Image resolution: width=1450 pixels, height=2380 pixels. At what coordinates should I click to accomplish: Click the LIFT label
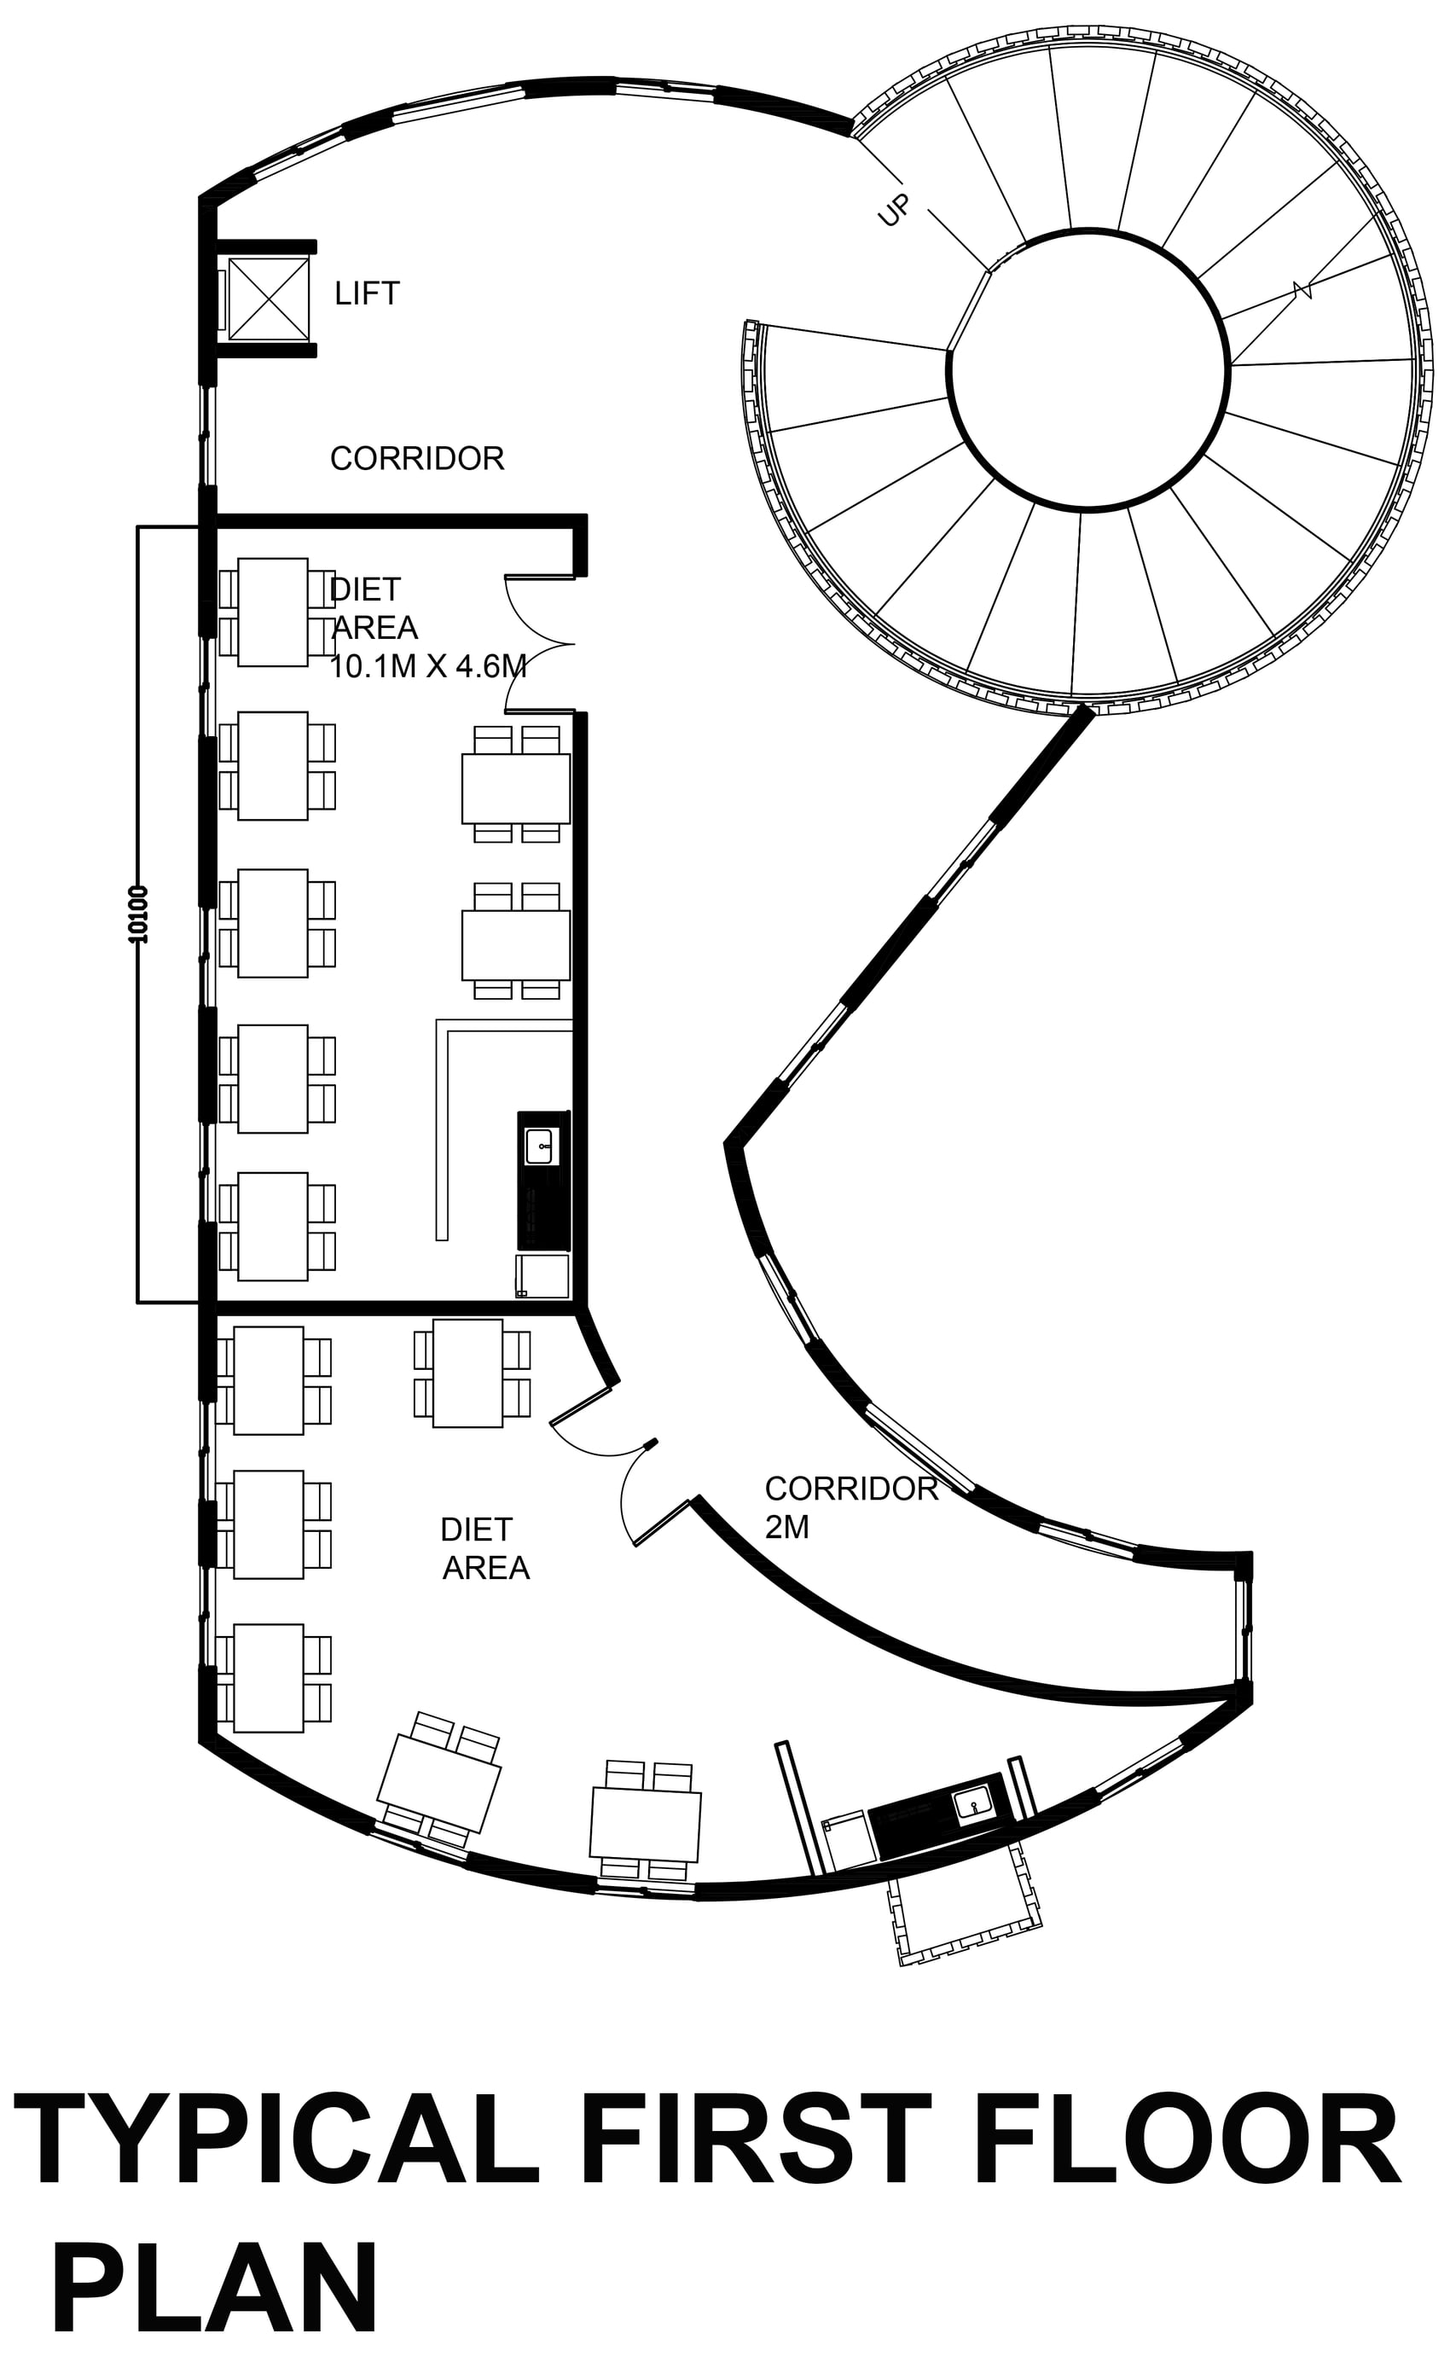[x=367, y=293]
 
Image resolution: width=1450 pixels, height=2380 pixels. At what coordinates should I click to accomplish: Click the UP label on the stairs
[x=894, y=212]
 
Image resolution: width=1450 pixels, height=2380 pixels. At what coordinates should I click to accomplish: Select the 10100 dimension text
[x=138, y=913]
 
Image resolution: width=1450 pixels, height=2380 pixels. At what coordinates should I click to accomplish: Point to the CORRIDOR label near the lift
[x=417, y=458]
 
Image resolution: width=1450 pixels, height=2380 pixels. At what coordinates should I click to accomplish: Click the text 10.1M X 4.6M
[x=428, y=665]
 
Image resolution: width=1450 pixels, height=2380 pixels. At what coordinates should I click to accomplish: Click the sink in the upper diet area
[x=539, y=1146]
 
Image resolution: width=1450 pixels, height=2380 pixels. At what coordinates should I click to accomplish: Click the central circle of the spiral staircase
[x=1088, y=368]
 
